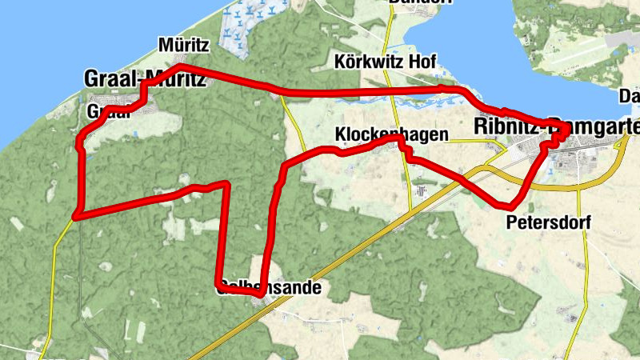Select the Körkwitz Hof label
click(385, 62)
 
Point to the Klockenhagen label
click(390, 134)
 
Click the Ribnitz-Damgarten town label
click(557, 126)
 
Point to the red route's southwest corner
click(76, 214)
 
